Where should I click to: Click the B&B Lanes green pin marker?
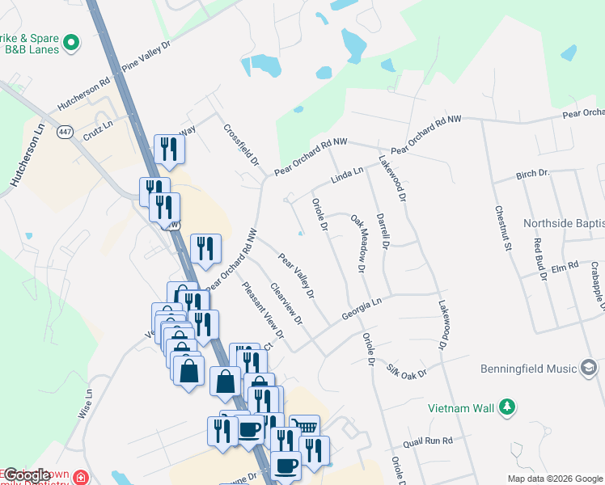pyautogui.click(x=70, y=41)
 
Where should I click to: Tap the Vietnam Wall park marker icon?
pyautogui.click(x=506, y=406)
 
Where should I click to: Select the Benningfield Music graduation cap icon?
pyautogui.click(x=590, y=369)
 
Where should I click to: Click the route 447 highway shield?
pyautogui.click(x=66, y=130)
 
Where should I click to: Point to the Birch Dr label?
pyautogui.click(x=532, y=175)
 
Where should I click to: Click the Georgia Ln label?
pyautogui.click(x=361, y=309)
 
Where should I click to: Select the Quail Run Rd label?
pyautogui.click(x=429, y=441)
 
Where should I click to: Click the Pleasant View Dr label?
pyautogui.click(x=264, y=310)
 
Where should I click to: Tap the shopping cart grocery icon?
pyautogui.click(x=304, y=426)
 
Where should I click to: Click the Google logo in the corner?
pyautogui.click(x=27, y=474)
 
